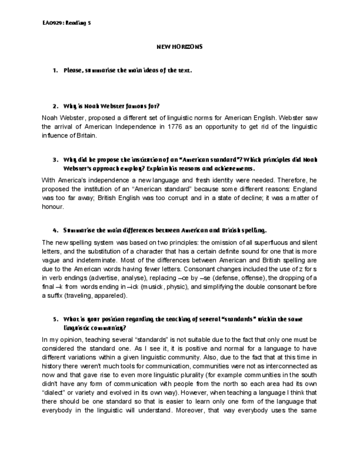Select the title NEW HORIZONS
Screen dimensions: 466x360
(180, 47)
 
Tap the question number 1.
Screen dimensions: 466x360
(55, 70)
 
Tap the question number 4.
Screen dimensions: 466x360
(55, 230)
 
